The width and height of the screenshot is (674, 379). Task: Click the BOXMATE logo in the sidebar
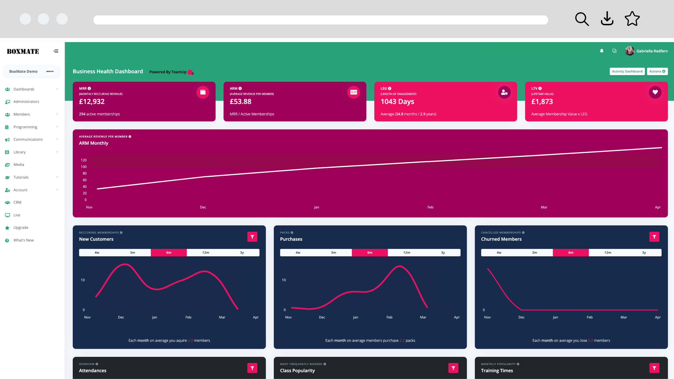(23, 51)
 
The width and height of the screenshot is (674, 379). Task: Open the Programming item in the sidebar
(25, 127)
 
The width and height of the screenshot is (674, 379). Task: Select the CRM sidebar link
(17, 202)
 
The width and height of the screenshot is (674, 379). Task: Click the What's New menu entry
(24, 240)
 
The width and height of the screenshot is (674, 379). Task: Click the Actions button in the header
(657, 71)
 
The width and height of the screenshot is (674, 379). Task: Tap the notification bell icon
(602, 51)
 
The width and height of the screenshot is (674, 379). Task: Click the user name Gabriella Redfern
(652, 51)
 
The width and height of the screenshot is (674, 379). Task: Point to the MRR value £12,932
(92, 102)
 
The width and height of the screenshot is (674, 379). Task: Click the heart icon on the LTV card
(655, 92)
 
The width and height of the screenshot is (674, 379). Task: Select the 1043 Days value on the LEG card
(397, 102)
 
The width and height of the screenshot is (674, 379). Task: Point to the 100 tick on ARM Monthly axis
(84, 167)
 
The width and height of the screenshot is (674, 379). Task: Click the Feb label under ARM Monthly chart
(430, 207)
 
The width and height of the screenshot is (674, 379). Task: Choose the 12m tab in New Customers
(206, 253)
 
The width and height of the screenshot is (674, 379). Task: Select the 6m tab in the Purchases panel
(370, 253)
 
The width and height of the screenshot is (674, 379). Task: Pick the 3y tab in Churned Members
(644, 253)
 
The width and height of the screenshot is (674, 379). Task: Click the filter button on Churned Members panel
(654, 237)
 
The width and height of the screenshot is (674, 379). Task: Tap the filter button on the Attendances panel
(252, 368)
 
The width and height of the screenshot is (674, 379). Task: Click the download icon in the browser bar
(607, 19)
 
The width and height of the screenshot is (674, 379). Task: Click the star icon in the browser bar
(632, 19)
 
